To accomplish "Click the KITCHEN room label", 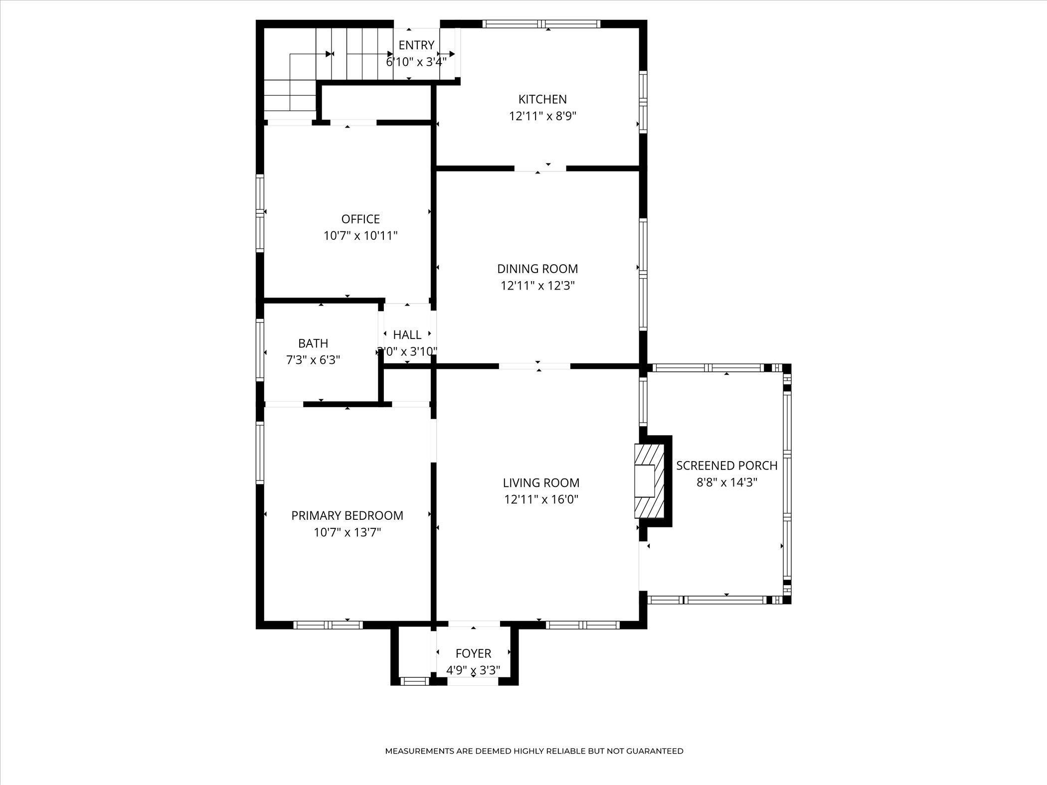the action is pos(542,99).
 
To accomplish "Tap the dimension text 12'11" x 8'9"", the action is pos(542,116).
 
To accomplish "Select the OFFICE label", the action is pos(360,219).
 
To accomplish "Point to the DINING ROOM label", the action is pos(537,269).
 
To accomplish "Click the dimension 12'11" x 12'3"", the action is pos(538,286).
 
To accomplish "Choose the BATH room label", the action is pos(313,343).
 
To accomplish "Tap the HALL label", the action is pos(407,335).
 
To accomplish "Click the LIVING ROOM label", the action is pos(541,482).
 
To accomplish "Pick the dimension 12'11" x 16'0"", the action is pos(541,499).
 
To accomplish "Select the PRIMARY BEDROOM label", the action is pos(347,515).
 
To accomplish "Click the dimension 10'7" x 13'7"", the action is pos(347,532).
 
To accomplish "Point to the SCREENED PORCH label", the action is pos(727,466).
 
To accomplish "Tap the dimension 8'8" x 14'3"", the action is pos(727,482).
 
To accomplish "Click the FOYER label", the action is pos(473,653).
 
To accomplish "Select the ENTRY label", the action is pos(416,45).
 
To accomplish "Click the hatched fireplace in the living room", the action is pos(650,481).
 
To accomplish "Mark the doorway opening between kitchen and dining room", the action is pos(540,168).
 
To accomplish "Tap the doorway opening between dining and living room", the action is pos(534,366).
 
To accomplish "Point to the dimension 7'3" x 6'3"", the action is pos(313,360).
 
